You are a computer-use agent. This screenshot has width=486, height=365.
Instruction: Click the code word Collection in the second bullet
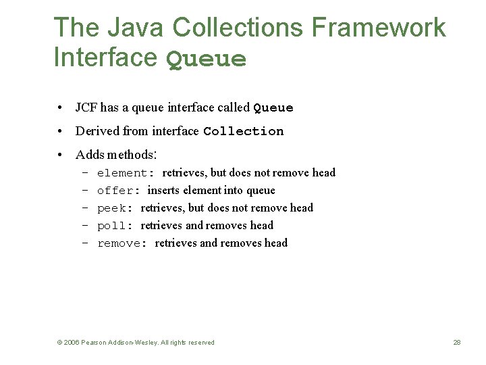[243, 131]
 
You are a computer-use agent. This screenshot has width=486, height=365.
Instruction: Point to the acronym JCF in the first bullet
[86, 107]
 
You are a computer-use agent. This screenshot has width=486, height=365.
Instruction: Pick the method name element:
[126, 173]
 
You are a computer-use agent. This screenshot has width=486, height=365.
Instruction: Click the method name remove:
[122, 243]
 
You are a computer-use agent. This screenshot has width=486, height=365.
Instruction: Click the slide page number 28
[457, 343]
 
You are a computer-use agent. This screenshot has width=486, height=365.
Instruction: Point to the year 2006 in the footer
[72, 343]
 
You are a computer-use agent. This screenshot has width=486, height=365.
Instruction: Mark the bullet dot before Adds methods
[61, 155]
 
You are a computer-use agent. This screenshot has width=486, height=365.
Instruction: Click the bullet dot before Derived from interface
[61, 131]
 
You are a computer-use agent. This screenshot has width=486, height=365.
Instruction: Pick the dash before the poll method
[85, 226]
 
